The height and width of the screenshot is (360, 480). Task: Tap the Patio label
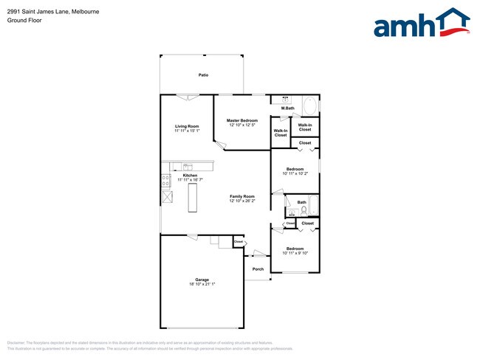click(x=202, y=75)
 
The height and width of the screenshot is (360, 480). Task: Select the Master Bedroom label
click(x=241, y=120)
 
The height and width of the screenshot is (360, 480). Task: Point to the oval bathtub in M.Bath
click(x=311, y=106)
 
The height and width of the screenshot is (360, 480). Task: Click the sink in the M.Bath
click(x=284, y=100)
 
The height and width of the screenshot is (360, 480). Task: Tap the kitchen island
click(x=193, y=198)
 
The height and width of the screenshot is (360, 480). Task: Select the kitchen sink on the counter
click(x=188, y=167)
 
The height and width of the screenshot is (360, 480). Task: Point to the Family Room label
click(x=241, y=196)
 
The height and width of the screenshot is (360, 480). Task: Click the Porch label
click(x=258, y=269)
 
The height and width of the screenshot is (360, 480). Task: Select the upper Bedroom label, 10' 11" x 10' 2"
click(x=295, y=170)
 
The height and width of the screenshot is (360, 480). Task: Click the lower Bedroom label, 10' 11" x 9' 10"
click(x=295, y=249)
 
